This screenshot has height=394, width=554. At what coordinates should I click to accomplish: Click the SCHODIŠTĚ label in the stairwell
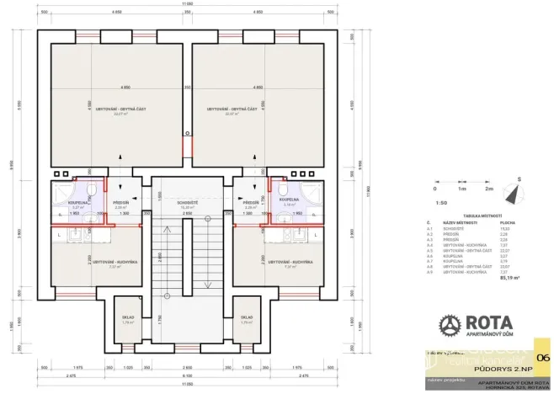coord(187,203)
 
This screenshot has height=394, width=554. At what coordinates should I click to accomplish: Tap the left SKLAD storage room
coord(129,317)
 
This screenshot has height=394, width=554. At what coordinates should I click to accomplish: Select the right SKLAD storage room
coord(247,317)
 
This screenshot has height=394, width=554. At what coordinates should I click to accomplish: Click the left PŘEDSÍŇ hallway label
coord(120,203)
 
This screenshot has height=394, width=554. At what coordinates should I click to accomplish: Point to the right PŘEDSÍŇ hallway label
coord(250,203)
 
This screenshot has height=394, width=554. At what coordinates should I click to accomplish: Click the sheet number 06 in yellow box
coord(542,359)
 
